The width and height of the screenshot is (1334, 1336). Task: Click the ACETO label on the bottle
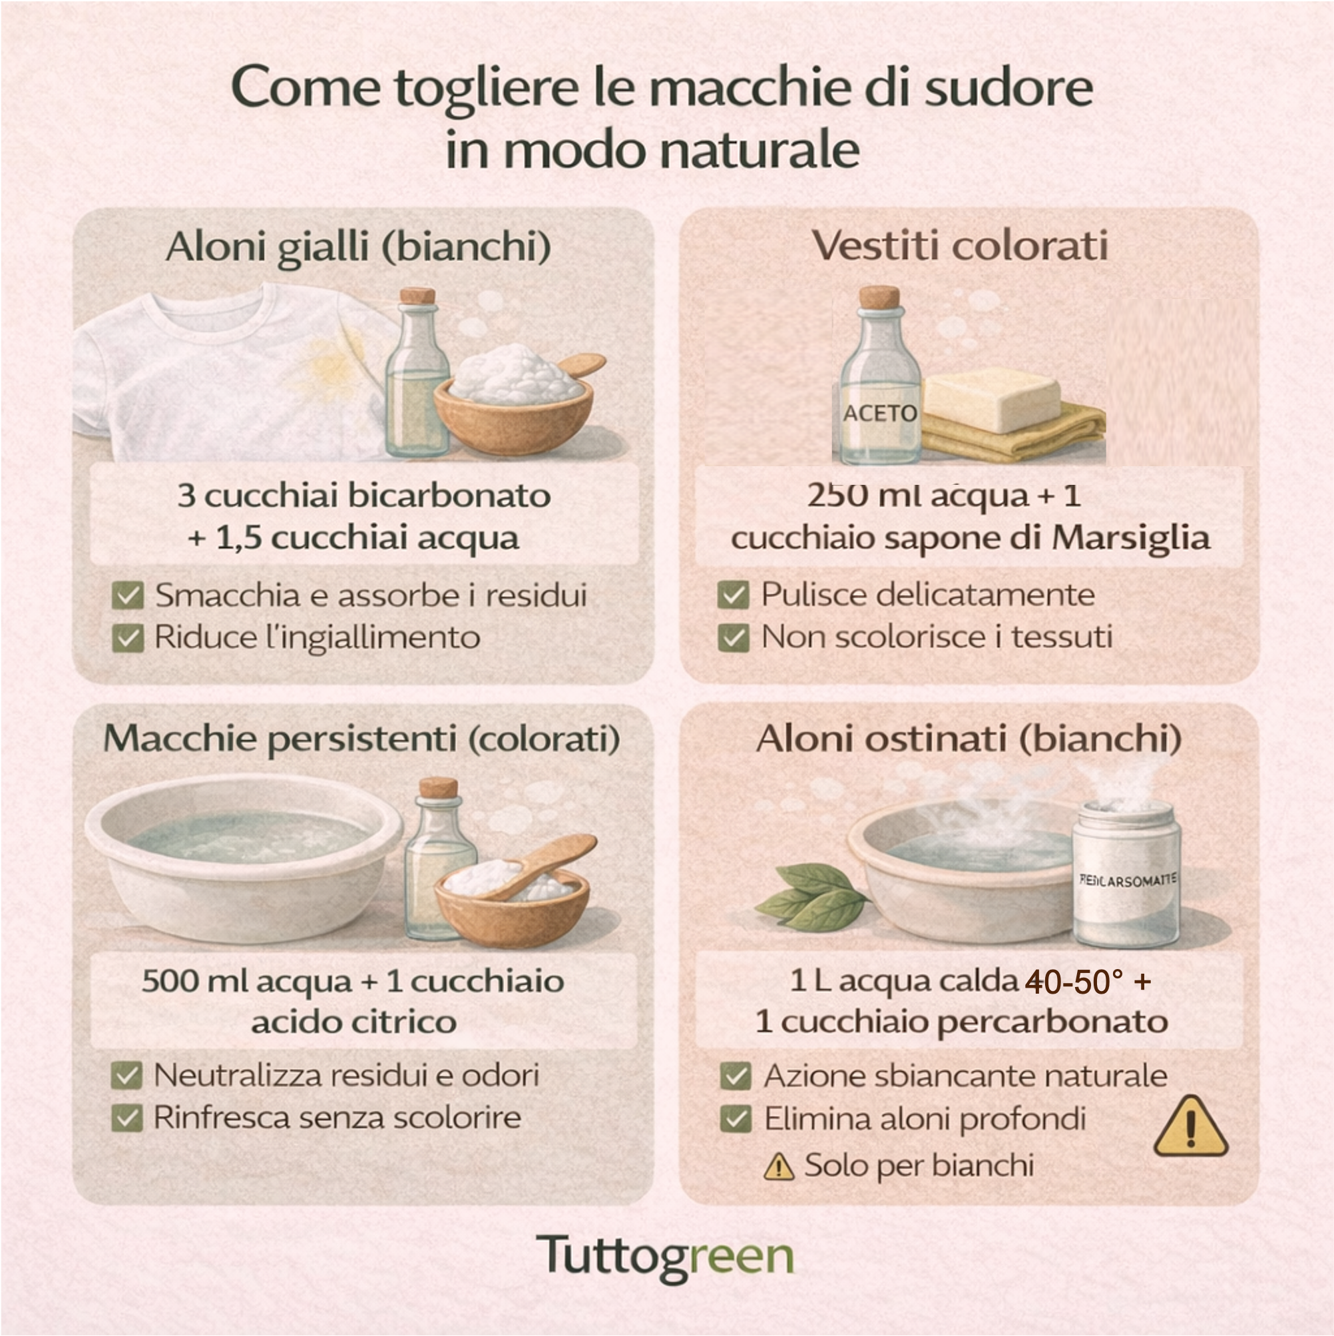[x=879, y=413]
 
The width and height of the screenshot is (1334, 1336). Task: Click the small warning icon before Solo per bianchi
[x=779, y=1167]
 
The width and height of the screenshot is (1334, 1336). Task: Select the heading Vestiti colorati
[x=960, y=246]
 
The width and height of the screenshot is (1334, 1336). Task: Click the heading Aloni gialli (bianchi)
[x=358, y=247]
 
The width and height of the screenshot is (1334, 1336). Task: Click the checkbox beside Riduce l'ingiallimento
[x=128, y=637]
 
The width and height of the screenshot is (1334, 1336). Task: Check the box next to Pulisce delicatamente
[x=734, y=595]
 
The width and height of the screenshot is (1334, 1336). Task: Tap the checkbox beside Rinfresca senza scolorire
[x=127, y=1118]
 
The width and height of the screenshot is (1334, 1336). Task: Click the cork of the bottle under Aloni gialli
[x=417, y=296]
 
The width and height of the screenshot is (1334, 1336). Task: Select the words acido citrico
[x=354, y=1022]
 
